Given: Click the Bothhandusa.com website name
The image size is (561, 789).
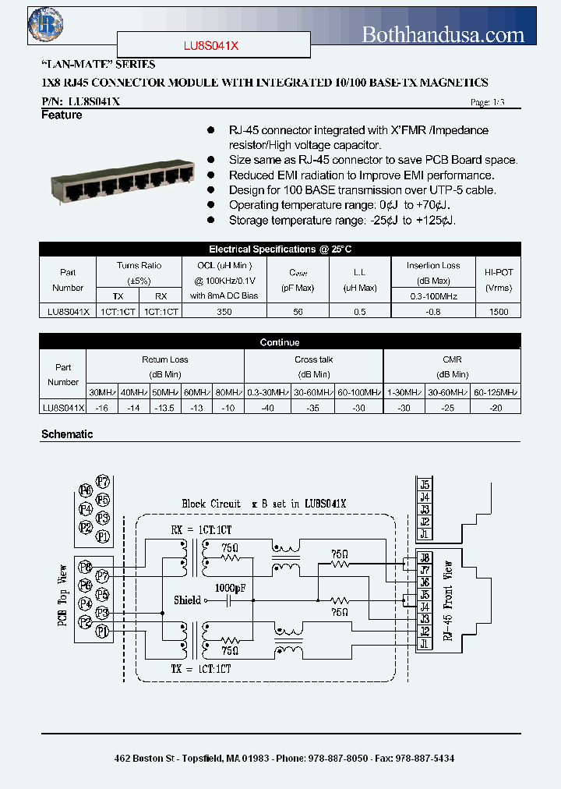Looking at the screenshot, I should point(443,34).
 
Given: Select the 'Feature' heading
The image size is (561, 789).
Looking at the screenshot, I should point(62,115).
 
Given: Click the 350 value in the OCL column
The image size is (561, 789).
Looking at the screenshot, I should point(224,311).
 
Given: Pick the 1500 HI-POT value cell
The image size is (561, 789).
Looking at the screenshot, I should point(499,311).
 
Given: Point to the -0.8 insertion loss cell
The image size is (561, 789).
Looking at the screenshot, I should point(433,311).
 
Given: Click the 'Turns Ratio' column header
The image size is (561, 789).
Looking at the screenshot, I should point(139,266).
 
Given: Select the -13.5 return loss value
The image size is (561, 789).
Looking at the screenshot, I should point(164,407).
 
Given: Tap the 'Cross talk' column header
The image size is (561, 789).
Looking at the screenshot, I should point(313,359).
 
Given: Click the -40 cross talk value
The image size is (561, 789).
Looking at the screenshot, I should point(267,407).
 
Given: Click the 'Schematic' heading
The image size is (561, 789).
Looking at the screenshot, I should point(67,434).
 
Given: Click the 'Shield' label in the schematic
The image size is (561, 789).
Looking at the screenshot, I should point(187,600).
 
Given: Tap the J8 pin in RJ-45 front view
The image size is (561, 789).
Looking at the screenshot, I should point(425,557).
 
